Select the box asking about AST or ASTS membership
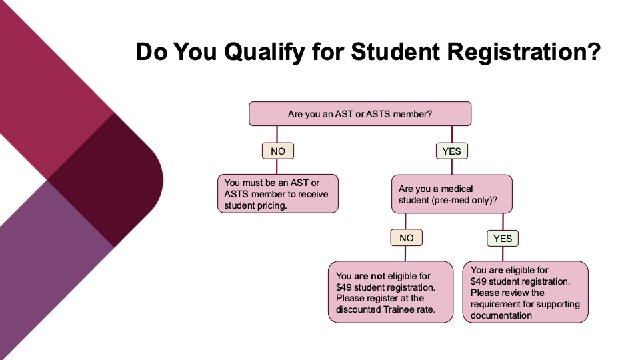[x=360, y=114]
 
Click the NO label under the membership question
[x=277, y=151]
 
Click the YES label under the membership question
[x=451, y=151]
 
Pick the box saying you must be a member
[x=278, y=194]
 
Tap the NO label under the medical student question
[x=406, y=238]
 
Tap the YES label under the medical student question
[x=502, y=238]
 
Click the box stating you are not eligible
[x=391, y=292]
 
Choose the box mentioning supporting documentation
[x=525, y=292]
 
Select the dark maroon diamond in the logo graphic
[x=107, y=180]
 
